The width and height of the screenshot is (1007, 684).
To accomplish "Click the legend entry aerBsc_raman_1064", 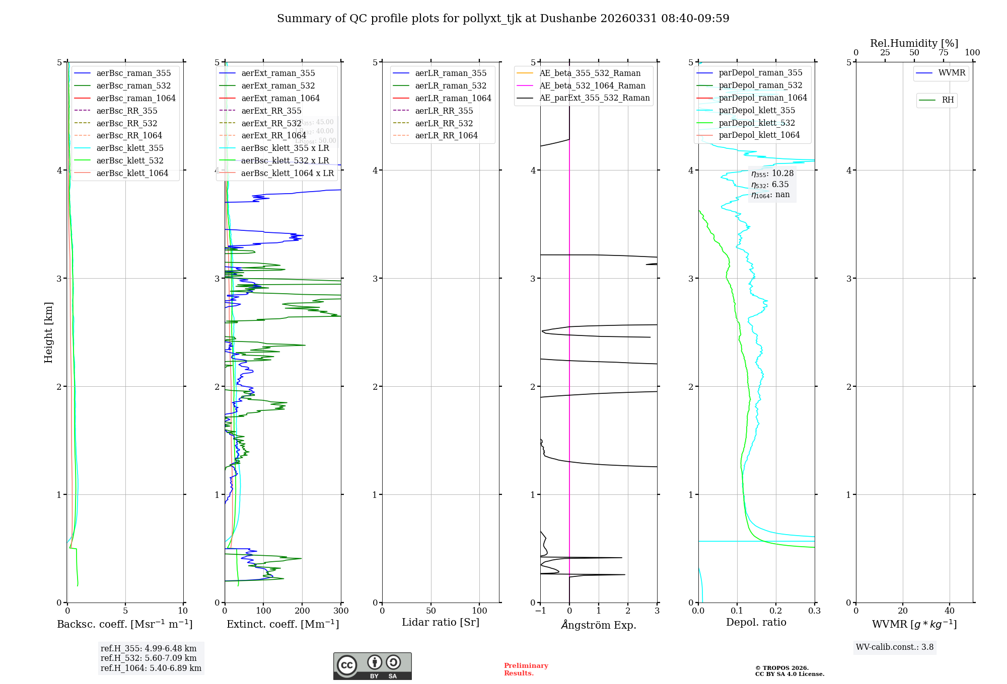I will pos(136,98).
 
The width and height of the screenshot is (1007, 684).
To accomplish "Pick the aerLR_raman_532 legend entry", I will pos(451,85).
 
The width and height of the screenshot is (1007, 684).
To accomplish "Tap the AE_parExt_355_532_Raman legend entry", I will pos(594,98).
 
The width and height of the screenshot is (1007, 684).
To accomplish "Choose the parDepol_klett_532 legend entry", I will pos(756,123).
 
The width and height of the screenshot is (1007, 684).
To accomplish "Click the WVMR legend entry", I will pos(952,73).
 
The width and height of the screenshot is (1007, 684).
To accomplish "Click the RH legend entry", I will pos(948,100).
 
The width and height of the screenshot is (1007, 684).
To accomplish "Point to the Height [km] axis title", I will pos(48,332).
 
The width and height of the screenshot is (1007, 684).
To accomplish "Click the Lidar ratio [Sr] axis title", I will pos(441,622).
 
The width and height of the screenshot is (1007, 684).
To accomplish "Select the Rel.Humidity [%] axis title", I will pos(914,43).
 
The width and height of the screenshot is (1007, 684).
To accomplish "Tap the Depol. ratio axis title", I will pos(756,622).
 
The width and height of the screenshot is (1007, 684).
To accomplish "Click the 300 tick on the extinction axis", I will pos(341,611).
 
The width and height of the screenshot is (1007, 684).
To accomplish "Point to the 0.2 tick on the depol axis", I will pos(776,611).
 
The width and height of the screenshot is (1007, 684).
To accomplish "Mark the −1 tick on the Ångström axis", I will pos(540,611).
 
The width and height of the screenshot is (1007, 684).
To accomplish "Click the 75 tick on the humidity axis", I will pos(943,53).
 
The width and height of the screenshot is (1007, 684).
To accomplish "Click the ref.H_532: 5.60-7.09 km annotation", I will pos(149,658).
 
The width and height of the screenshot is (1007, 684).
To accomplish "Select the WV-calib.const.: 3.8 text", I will pos(895,647).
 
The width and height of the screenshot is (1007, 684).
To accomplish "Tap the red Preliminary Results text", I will pos(526,669).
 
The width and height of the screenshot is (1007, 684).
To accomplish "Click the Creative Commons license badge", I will pos(372,666).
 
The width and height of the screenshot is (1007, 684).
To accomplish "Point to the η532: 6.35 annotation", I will pos(770,184).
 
